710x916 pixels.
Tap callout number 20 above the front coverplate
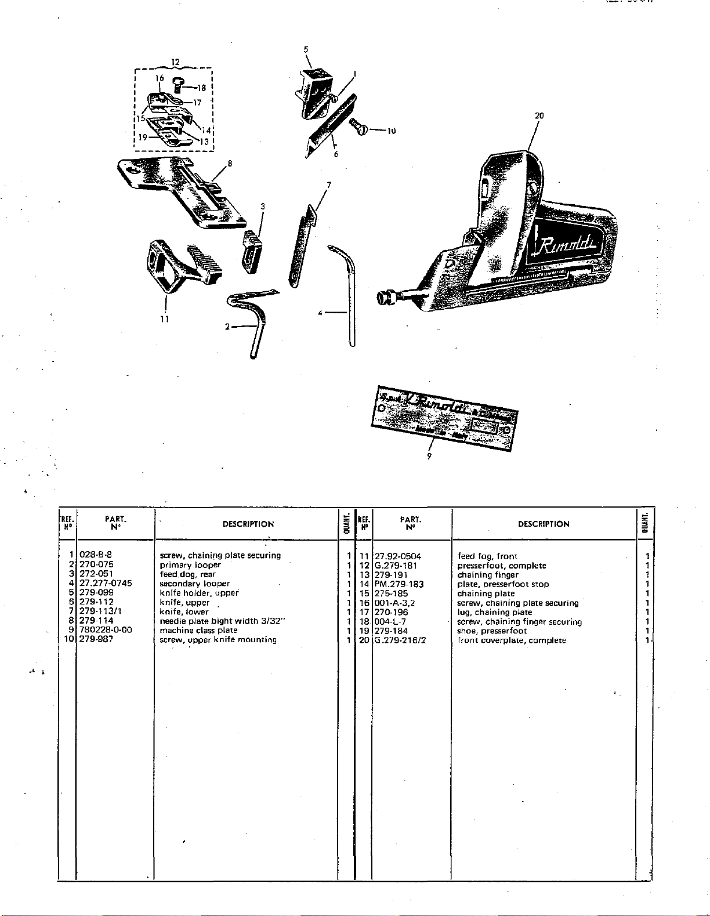(539, 115)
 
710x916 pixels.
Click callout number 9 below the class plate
(429, 455)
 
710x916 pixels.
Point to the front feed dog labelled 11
(180, 265)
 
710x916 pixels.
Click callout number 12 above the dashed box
(176, 61)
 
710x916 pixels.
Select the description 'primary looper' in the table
(190, 564)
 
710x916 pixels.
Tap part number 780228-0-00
(106, 630)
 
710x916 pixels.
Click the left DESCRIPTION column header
(248, 524)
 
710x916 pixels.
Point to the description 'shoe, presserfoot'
(492, 631)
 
